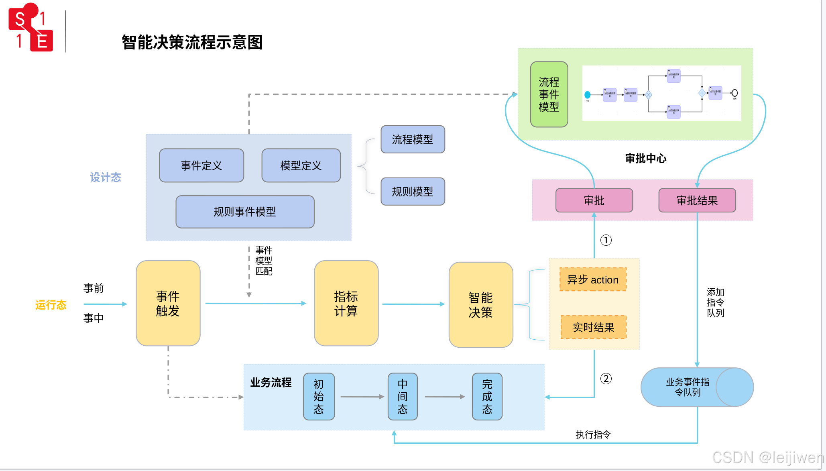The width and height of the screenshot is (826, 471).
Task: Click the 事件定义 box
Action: click(x=201, y=165)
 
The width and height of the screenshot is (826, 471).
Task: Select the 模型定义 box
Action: click(x=301, y=165)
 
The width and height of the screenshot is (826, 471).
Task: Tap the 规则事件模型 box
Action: click(x=245, y=212)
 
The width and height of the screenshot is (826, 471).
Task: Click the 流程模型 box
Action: click(x=413, y=139)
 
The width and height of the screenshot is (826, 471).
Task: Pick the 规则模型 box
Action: click(x=413, y=192)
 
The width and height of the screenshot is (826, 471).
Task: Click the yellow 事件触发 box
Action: click(x=168, y=303)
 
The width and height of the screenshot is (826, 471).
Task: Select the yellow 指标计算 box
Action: click(x=346, y=303)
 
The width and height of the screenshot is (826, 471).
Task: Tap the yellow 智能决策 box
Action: click(x=480, y=305)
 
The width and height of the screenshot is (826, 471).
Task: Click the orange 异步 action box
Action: click(x=593, y=279)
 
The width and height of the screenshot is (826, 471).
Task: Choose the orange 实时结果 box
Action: click(x=593, y=327)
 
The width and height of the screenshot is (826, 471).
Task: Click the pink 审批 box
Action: click(x=594, y=200)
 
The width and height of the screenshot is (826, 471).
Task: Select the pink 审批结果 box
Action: click(x=697, y=200)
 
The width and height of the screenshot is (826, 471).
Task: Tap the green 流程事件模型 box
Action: click(x=549, y=94)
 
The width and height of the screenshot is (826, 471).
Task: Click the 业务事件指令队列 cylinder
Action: click(x=688, y=387)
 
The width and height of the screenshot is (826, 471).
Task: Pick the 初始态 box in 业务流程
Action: click(x=319, y=396)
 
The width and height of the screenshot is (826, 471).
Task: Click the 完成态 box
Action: click(x=487, y=396)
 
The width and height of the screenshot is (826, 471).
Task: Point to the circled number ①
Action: click(x=606, y=240)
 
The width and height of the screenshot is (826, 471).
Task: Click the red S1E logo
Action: click(x=31, y=28)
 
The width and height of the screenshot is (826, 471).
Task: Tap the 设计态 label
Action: click(x=105, y=177)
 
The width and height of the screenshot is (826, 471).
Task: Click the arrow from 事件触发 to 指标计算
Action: click(x=257, y=304)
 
